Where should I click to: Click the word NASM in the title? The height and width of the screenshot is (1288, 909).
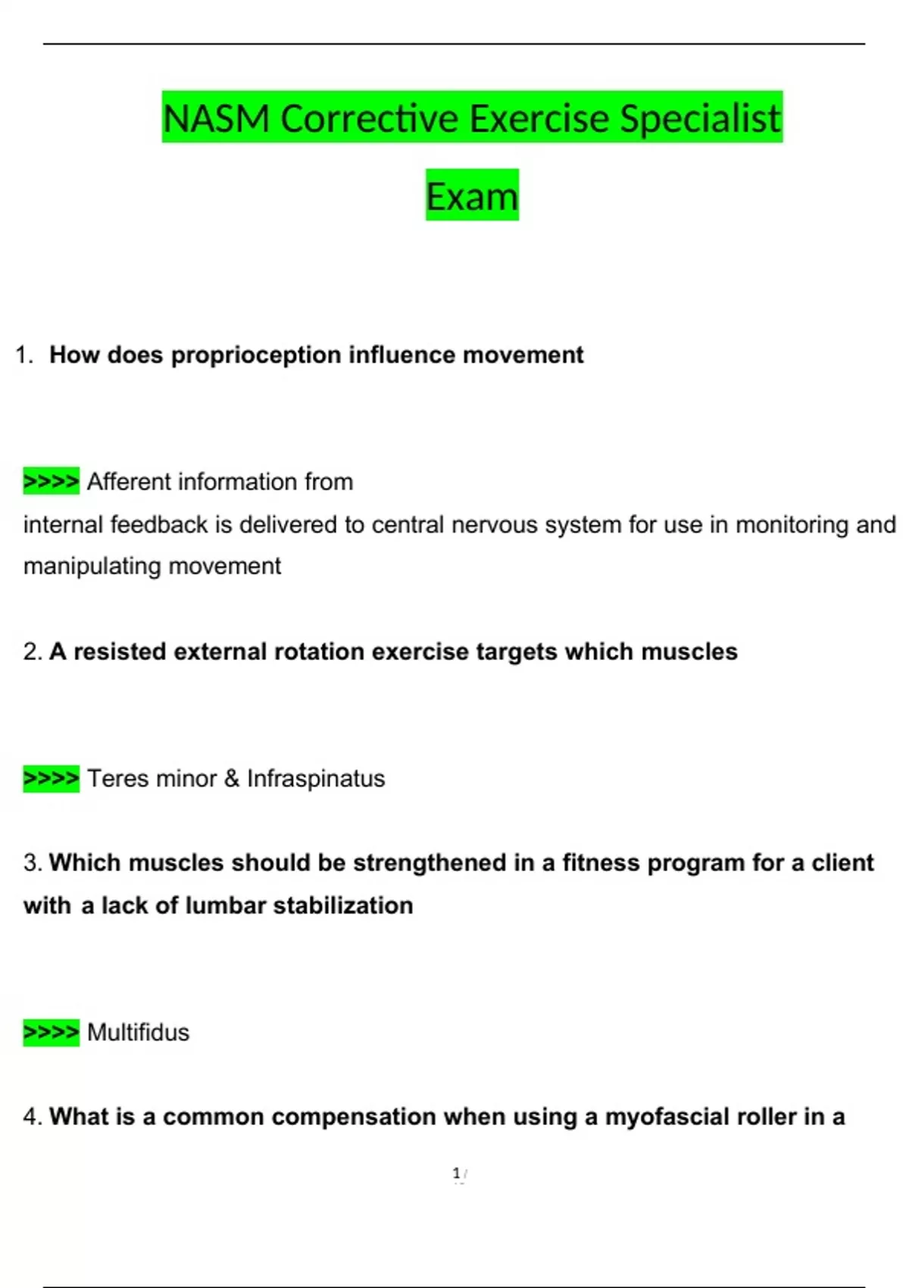[216, 119]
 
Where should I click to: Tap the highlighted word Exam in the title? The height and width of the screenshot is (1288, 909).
[472, 196]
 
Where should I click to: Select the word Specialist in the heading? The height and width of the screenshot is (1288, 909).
[700, 119]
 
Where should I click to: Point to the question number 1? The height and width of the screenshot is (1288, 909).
[23, 355]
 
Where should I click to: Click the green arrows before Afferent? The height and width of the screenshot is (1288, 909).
[51, 481]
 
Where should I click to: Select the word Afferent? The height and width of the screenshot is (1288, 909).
[130, 482]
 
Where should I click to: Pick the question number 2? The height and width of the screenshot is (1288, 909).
[32, 652]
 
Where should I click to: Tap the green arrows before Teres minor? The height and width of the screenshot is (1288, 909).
[51, 778]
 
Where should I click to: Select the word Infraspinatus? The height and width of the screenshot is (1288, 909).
[316, 779]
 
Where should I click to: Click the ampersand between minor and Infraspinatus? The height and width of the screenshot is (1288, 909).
[232, 779]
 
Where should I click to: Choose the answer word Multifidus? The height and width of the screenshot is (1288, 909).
[138, 1033]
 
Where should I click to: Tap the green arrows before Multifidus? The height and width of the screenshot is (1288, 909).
[51, 1032]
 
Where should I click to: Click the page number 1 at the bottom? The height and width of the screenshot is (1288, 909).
[457, 1174]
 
